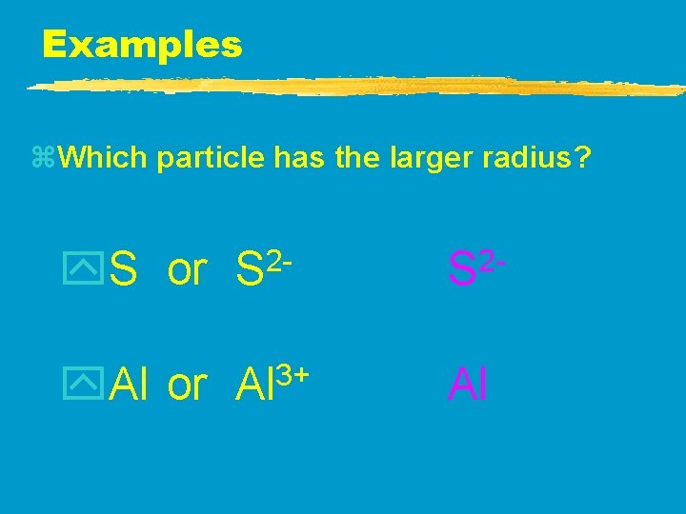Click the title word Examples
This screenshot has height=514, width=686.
tap(142, 44)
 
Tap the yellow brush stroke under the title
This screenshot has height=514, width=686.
tap(353, 87)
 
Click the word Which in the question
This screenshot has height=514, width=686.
tap(102, 158)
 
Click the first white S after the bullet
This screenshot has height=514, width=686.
tap(122, 270)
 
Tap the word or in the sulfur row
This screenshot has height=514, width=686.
tap(186, 271)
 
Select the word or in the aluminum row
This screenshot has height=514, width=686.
tap(186, 385)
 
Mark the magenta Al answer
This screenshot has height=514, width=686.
tap(468, 384)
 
